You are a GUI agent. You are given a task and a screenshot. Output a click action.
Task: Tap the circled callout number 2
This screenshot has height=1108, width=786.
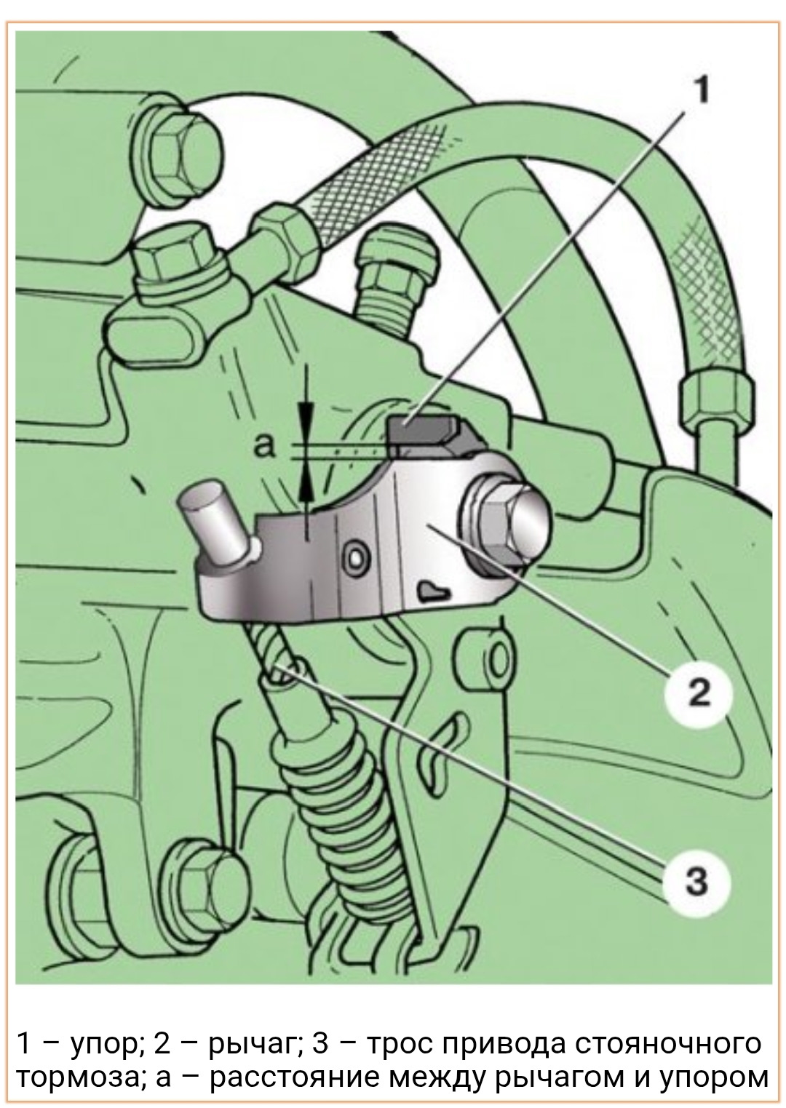pyautogui.click(x=697, y=693)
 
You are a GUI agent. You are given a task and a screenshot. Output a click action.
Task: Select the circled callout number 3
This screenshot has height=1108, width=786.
pyautogui.click(x=696, y=882)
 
